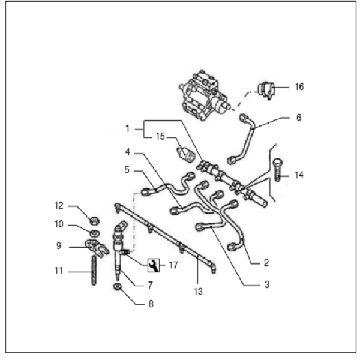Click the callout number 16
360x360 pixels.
point(299,87)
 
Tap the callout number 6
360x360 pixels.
point(299,118)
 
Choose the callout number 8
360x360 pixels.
point(151,304)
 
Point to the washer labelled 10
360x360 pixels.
point(95,232)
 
